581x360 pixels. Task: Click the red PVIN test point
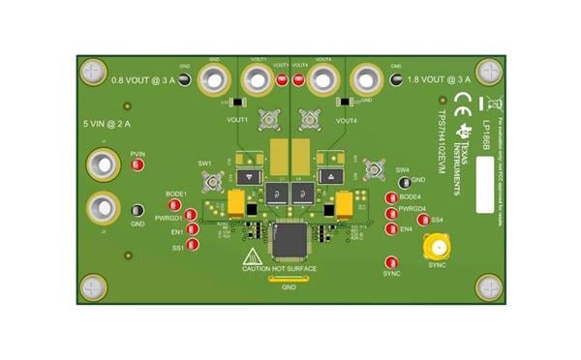pyautogui.click(x=138, y=165)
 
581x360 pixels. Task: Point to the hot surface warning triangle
pyautogui.click(x=252, y=257)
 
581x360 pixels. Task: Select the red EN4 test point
pyautogui.click(x=391, y=228)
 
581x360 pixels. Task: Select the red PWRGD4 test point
pyautogui.click(x=391, y=214)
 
